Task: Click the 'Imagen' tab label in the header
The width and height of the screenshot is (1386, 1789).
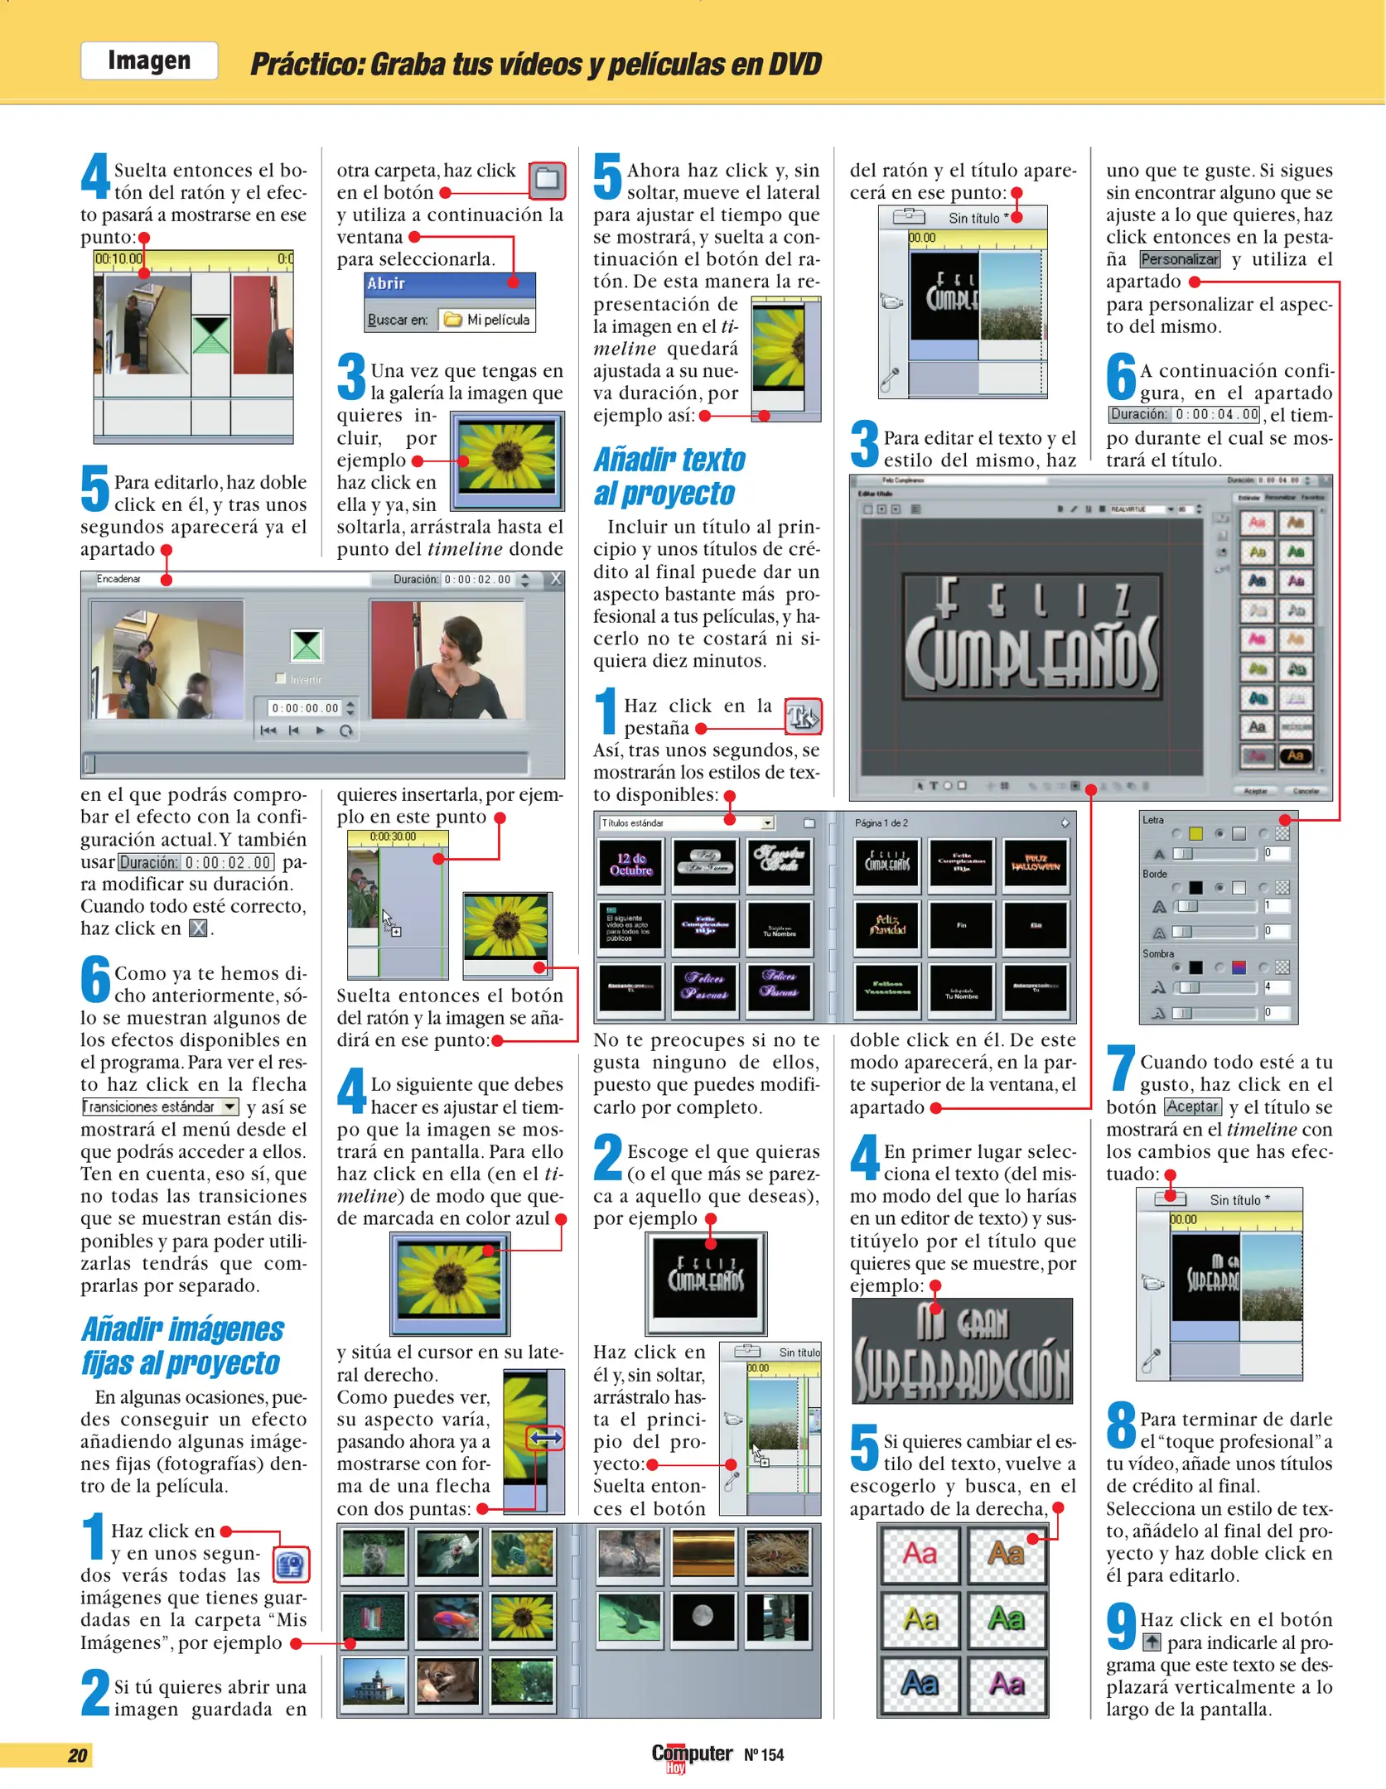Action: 149,60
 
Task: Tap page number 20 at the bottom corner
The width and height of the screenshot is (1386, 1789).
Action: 77,1755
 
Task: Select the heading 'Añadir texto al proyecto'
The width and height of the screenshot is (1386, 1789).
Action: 669,476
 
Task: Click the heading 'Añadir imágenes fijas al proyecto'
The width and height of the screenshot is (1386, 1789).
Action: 182,1346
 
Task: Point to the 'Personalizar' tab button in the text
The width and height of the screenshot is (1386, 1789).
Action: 1179,259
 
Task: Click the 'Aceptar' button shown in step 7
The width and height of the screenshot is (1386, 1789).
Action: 1192,1107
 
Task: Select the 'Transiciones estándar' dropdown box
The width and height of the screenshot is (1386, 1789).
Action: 160,1107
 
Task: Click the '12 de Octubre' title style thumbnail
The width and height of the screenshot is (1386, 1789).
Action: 630,864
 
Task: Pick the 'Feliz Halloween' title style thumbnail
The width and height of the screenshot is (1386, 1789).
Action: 1035,864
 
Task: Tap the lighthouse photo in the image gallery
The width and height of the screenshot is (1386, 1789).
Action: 374,1682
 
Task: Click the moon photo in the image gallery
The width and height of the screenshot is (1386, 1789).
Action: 703,1617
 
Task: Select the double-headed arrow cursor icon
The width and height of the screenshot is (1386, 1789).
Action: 545,1439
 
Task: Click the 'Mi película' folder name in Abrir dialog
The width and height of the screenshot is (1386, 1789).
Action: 497,320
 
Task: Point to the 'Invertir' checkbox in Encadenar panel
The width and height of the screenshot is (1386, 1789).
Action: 281,678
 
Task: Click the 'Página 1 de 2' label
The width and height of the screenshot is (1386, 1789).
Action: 881,822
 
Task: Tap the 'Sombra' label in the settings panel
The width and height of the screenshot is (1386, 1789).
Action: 1157,954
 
